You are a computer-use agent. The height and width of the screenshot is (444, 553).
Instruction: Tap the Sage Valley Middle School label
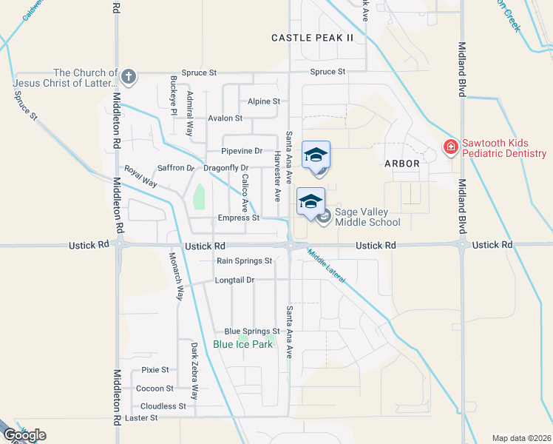click(x=367, y=217)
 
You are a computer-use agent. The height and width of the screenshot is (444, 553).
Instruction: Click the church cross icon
click(x=129, y=75)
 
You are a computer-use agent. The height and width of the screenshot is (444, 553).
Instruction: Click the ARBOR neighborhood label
click(x=401, y=163)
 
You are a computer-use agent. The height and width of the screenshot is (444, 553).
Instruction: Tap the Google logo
click(x=24, y=435)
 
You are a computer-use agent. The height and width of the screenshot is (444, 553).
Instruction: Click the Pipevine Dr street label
click(x=242, y=151)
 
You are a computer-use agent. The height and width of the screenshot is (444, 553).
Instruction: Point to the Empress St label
click(x=239, y=218)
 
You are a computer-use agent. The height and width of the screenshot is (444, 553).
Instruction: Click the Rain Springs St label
click(x=245, y=260)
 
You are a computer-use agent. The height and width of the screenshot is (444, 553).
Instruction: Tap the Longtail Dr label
click(x=234, y=280)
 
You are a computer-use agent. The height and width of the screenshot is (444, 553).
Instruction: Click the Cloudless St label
click(x=163, y=406)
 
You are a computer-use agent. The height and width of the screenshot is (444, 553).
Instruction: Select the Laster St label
click(x=142, y=418)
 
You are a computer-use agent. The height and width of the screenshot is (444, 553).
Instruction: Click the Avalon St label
click(x=225, y=118)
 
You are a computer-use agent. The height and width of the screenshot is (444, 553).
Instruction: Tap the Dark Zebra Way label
click(x=194, y=361)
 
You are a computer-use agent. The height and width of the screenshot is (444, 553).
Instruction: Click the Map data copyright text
click(x=520, y=437)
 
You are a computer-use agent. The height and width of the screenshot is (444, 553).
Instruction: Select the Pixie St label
click(x=155, y=369)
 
